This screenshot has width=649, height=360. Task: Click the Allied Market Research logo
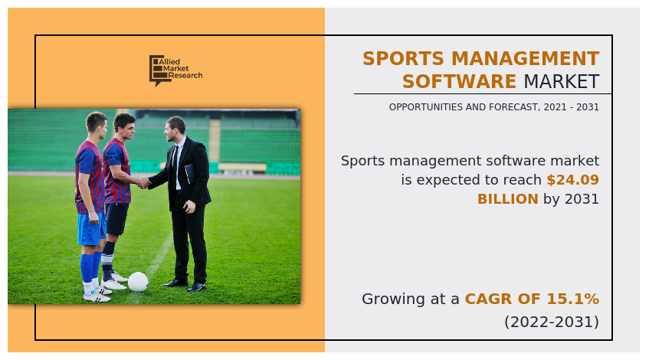click(175, 70)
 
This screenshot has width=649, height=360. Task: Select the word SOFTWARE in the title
click(459, 82)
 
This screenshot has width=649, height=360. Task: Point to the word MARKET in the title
click(561, 82)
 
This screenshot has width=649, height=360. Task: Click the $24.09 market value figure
click(572, 180)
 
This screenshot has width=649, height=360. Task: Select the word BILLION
click(507, 199)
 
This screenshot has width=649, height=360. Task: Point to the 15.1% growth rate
click(574, 299)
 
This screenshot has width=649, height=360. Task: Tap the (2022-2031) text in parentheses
click(551, 322)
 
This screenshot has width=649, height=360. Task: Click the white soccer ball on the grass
click(138, 282)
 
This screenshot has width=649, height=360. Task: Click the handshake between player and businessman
click(143, 182)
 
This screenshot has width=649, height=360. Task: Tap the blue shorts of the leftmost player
click(90, 229)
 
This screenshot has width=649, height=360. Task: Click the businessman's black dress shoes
click(185, 284)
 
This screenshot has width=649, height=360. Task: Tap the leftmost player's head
click(97, 123)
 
